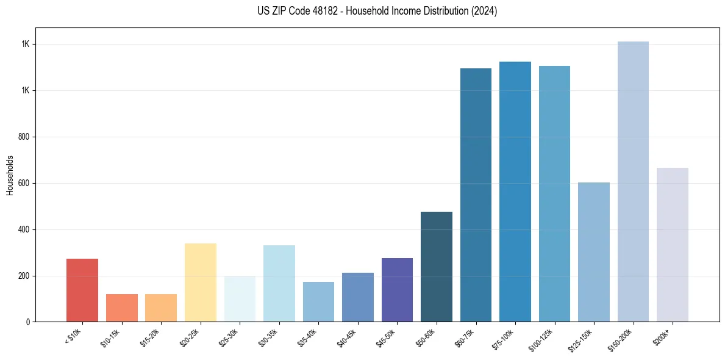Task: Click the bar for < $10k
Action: point(82,290)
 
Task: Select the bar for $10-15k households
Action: point(121,308)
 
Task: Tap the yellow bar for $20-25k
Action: point(200,283)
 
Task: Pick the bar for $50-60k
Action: point(437,267)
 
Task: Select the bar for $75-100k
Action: point(515,192)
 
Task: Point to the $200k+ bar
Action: point(673,245)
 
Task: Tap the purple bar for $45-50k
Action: point(397,290)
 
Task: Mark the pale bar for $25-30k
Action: point(240,299)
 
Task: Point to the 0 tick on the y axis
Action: point(28,322)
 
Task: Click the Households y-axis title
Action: point(10,175)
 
